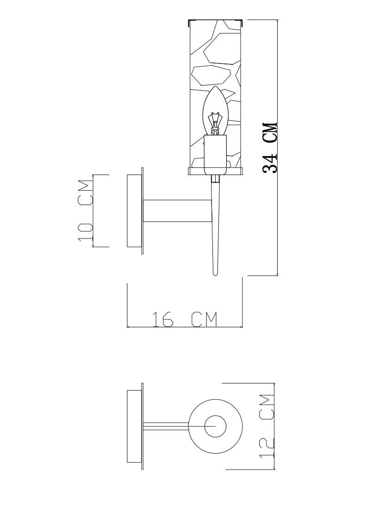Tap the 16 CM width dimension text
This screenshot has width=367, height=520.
pyautogui.click(x=185, y=319)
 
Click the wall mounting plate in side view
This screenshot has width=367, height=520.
pyautogui.click(x=135, y=211)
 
